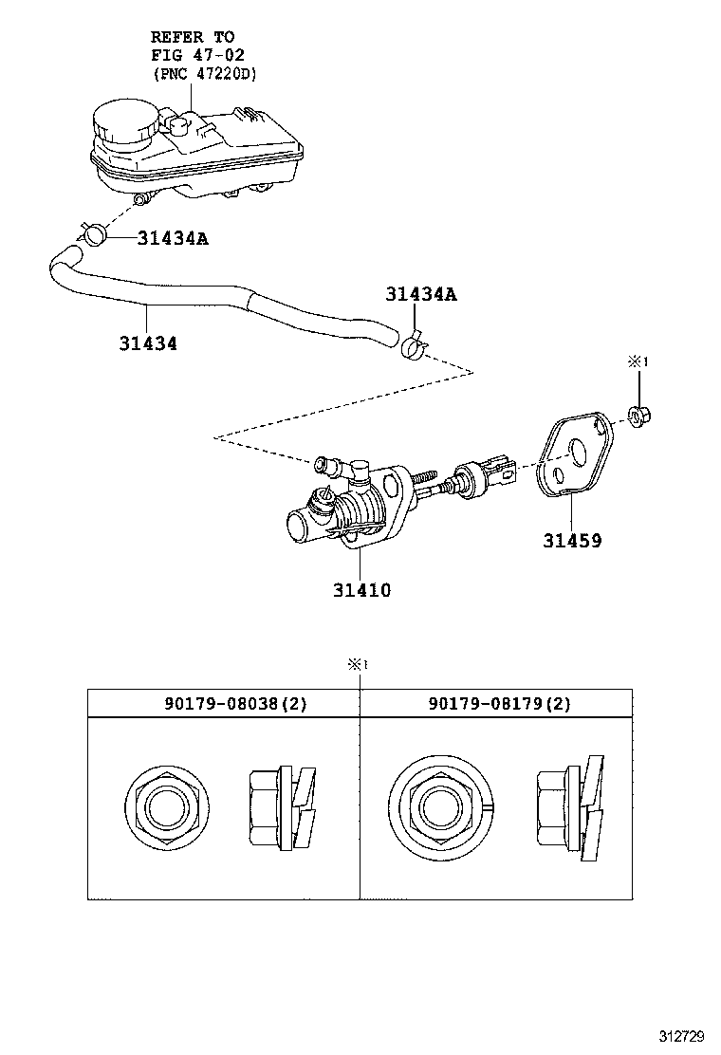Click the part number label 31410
click(x=361, y=590)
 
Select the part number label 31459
click(x=572, y=541)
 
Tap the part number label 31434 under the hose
click(x=148, y=343)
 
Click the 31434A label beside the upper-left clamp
click(x=173, y=238)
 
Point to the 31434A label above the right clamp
click(x=421, y=294)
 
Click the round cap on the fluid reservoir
click(x=120, y=124)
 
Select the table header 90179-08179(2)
click(x=499, y=703)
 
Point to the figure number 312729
click(x=683, y=1035)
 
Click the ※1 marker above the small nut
click(x=638, y=361)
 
